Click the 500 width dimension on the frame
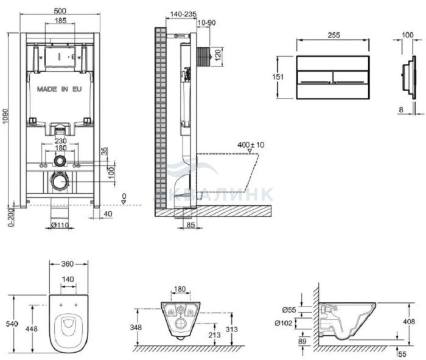pyautogui.click(x=60, y=10)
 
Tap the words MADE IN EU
pyautogui.click(x=59, y=89)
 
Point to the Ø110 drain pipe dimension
pyautogui.click(x=60, y=225)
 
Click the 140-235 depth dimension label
pyautogui.click(x=183, y=14)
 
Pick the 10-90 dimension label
pyautogui.click(x=207, y=23)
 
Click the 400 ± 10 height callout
pyautogui.click(x=251, y=145)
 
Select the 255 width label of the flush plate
pyautogui.click(x=333, y=35)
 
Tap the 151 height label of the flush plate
pyautogui.click(x=278, y=77)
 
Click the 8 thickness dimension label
pyautogui.click(x=401, y=109)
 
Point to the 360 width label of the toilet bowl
pyautogui.click(x=68, y=264)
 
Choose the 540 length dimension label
pyautogui.click(x=12, y=324)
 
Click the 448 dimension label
pyautogui.click(x=32, y=329)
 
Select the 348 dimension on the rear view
pyautogui.click(x=136, y=327)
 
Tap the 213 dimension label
pyautogui.click(x=215, y=335)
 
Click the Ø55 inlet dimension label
pyautogui.click(x=289, y=310)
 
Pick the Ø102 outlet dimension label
pyautogui.click(x=284, y=323)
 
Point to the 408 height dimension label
pyautogui.click(x=409, y=322)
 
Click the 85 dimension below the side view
pyautogui.click(x=191, y=225)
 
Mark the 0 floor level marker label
pyautogui.click(x=124, y=196)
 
